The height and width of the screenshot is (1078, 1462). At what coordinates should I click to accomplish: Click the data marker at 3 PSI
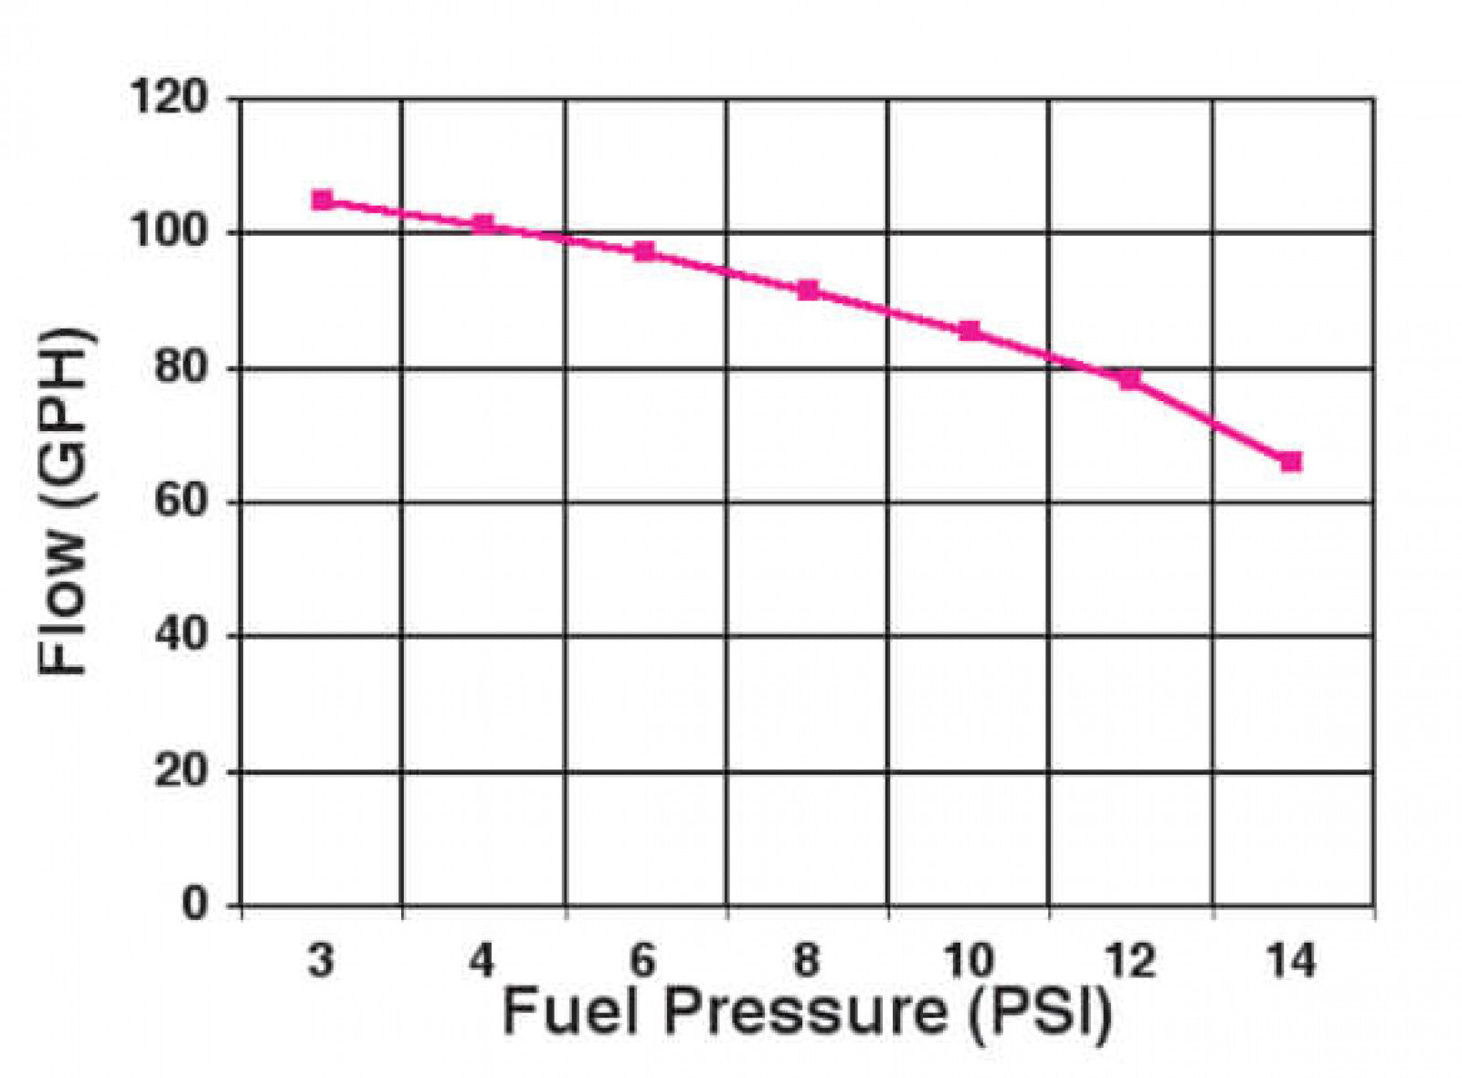(322, 200)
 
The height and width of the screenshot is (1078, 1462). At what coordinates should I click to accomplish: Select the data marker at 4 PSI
(483, 224)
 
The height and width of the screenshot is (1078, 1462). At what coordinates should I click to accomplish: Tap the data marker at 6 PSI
(645, 251)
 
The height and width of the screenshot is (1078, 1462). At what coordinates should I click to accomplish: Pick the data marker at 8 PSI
(808, 291)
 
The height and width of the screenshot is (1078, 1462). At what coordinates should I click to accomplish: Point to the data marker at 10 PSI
(969, 330)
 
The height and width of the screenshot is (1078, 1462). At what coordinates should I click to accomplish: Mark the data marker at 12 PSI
(1130, 378)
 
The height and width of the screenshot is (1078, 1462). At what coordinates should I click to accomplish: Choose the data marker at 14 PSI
(1291, 461)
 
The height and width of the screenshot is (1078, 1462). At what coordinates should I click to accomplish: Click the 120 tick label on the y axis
(170, 97)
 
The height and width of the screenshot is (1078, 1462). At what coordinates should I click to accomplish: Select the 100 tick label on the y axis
(170, 232)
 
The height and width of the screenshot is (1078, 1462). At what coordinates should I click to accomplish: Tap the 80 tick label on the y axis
(181, 367)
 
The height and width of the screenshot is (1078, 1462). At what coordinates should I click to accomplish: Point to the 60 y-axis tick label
(181, 502)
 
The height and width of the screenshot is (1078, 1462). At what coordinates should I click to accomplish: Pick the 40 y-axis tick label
(181, 636)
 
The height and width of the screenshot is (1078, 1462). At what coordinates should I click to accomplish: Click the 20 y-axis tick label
(181, 772)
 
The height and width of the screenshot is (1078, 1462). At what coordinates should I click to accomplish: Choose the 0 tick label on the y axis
(195, 904)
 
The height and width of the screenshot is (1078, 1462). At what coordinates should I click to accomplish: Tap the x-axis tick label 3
(321, 961)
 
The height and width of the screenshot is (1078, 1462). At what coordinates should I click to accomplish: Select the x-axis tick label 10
(968, 961)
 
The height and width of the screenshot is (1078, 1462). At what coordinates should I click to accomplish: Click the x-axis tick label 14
(1290, 961)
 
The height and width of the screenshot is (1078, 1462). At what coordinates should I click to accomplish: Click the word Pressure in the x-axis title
(805, 1013)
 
